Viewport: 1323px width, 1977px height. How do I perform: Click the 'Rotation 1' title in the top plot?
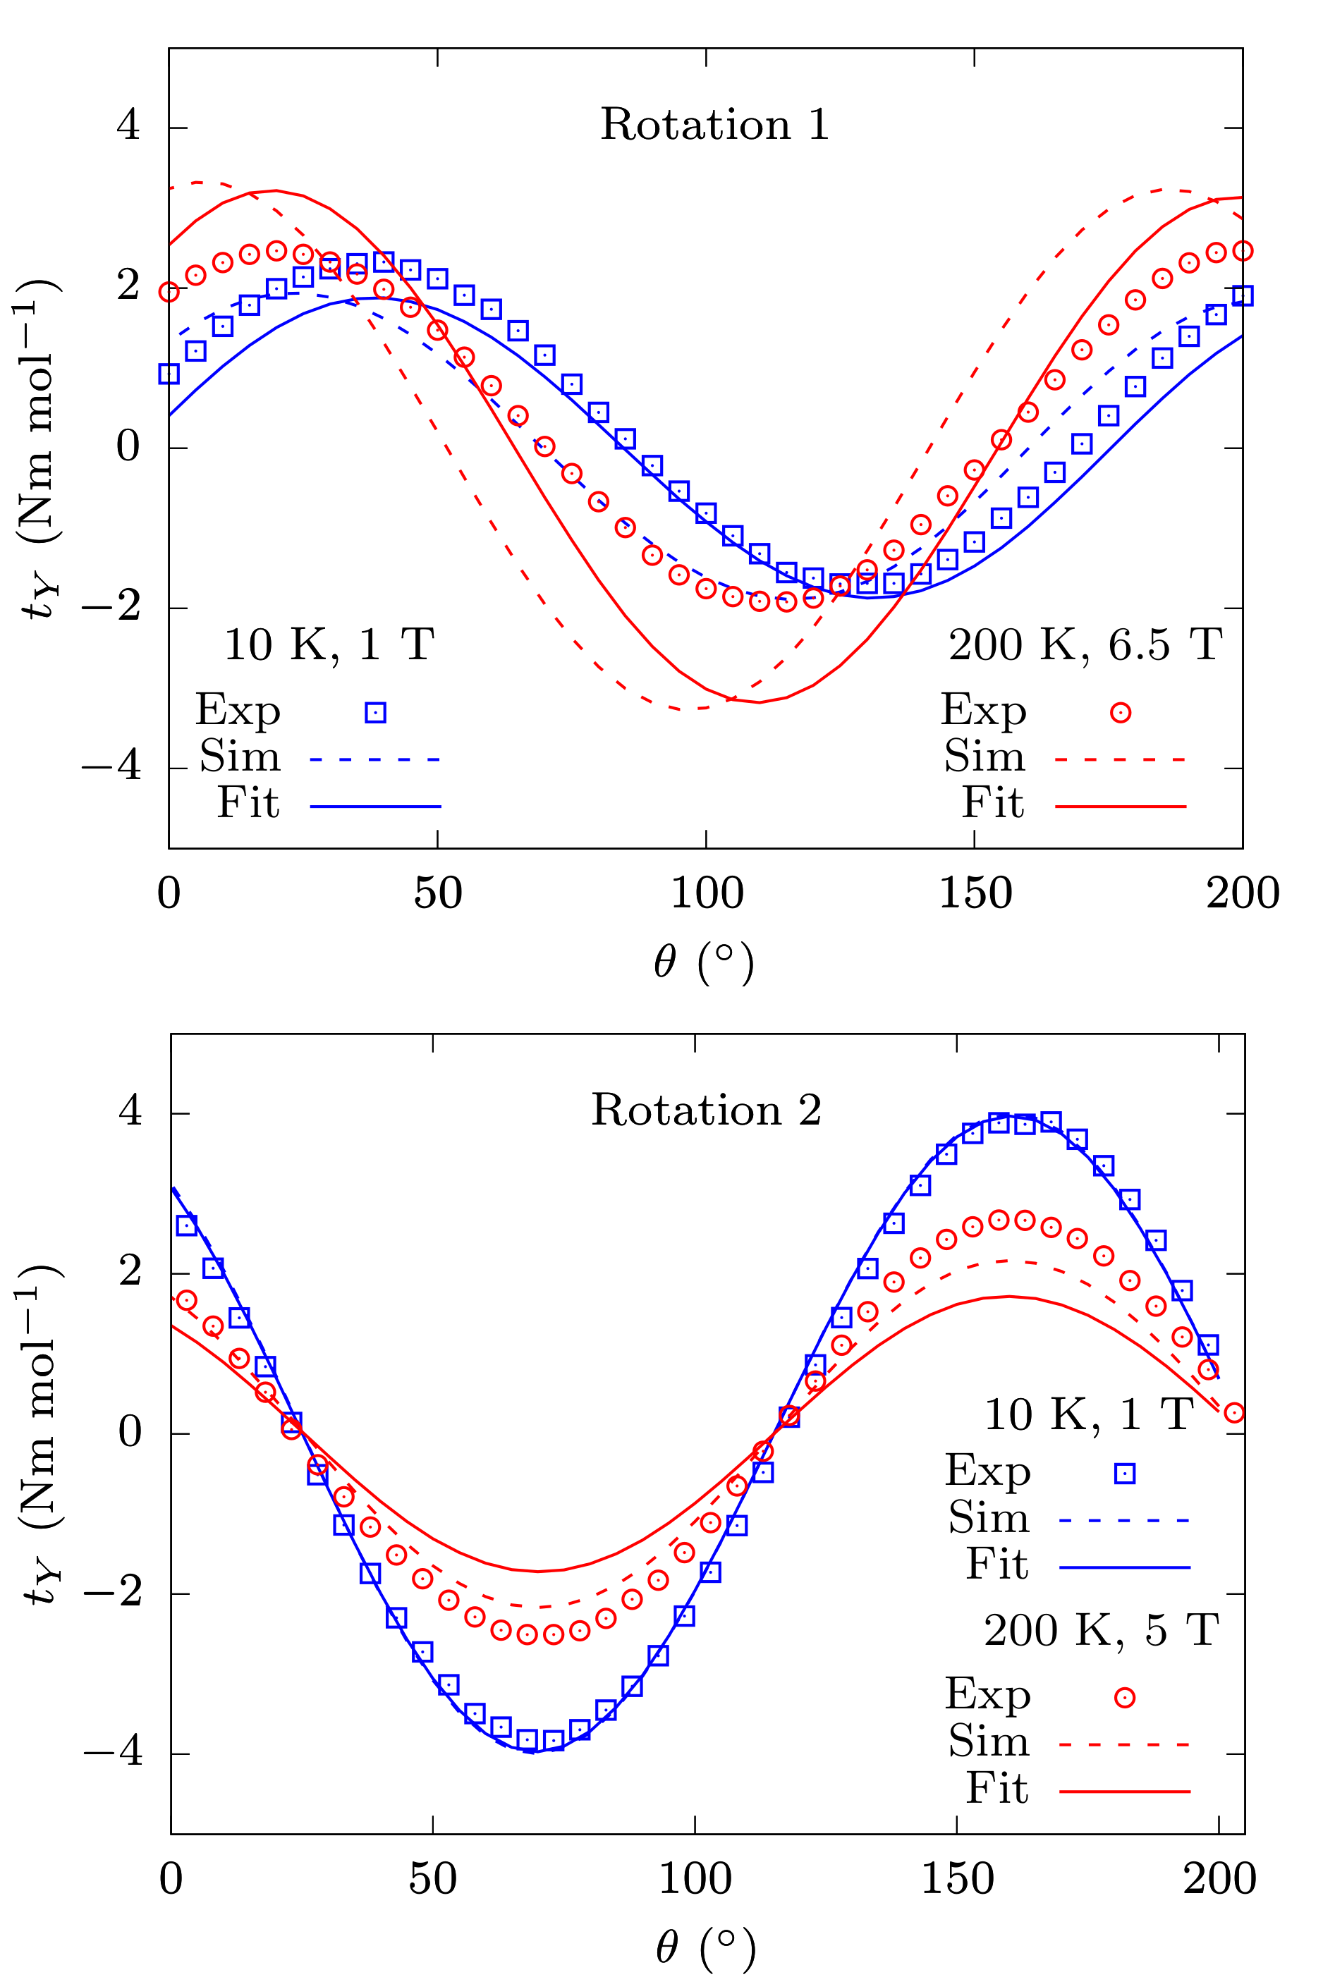coord(714,125)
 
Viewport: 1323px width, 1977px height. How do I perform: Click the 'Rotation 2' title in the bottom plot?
coord(706,1110)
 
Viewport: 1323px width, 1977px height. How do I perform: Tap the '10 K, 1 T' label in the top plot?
coord(329,645)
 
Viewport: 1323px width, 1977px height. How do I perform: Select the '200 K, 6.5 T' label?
coord(1086,645)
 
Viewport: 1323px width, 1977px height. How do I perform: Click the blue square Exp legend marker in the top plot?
coord(375,713)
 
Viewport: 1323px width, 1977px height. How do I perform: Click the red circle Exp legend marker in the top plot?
coord(1121,713)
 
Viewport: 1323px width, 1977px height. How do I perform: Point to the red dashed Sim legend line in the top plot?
coord(1121,759)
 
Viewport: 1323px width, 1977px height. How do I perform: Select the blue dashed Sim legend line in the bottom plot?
coord(1124,1521)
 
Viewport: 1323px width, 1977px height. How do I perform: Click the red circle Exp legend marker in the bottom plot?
coord(1125,1698)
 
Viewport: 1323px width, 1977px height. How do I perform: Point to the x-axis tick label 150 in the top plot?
coord(975,893)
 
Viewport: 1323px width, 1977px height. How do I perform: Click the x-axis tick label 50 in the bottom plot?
coord(433,1878)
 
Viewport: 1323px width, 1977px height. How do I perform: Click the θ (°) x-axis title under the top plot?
coord(704,962)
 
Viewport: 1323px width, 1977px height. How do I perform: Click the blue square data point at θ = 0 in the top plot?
coord(169,374)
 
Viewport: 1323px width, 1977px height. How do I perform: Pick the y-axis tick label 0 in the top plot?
coord(128,446)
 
